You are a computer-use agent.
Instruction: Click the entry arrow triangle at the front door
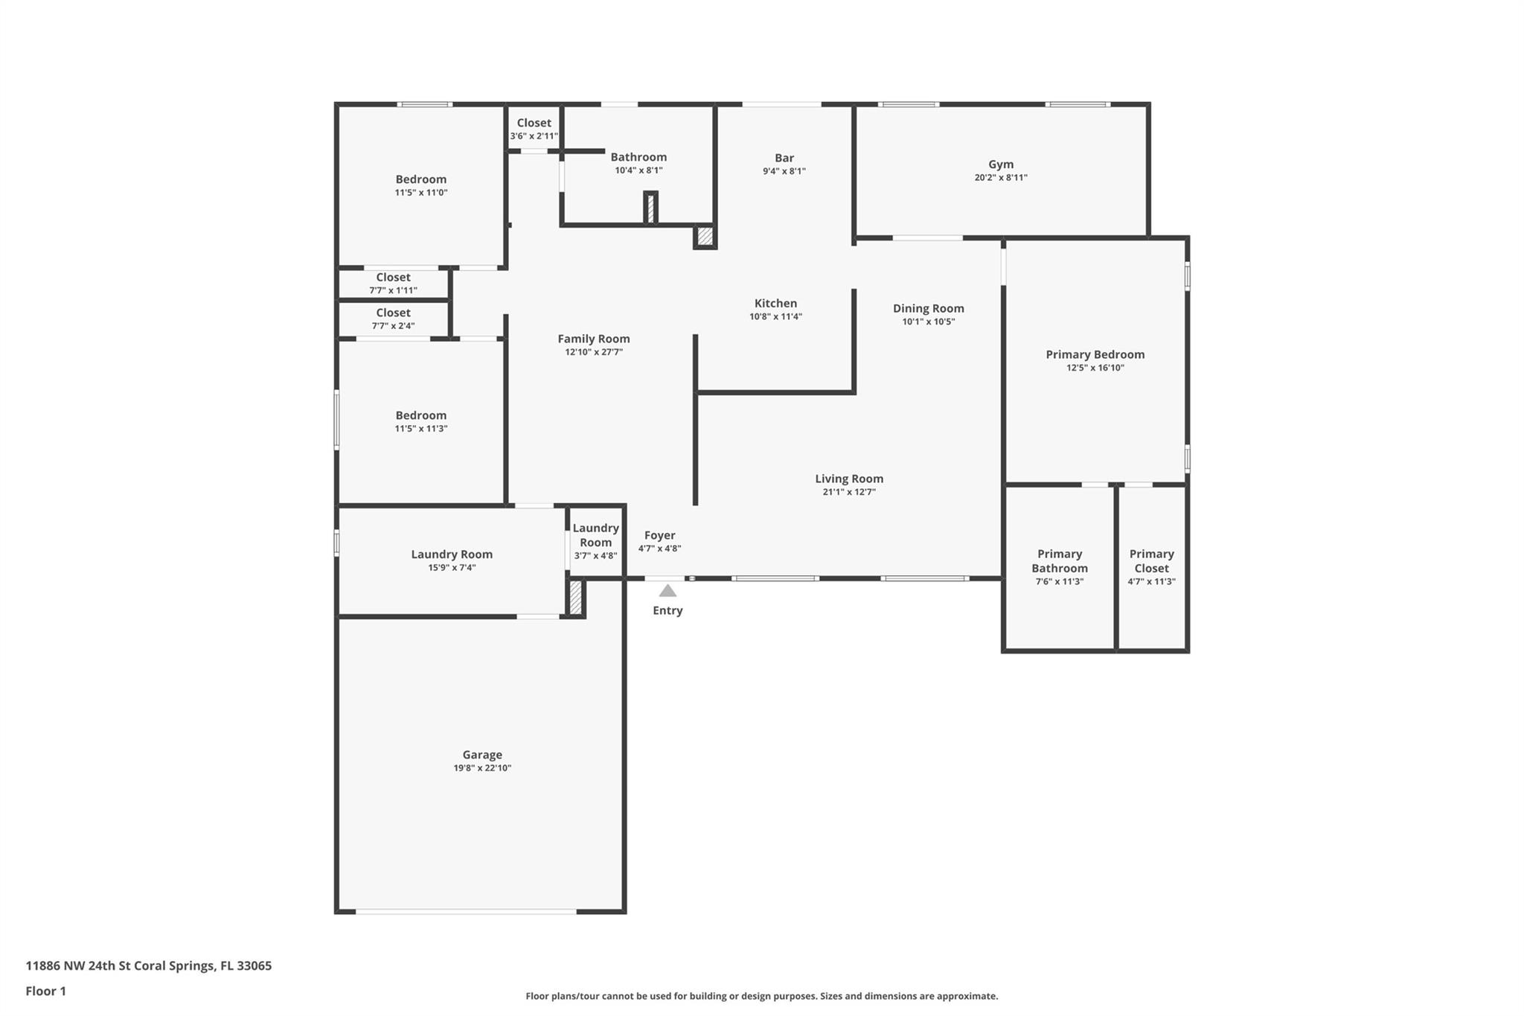(x=667, y=591)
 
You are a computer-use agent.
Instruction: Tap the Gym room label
(x=1001, y=164)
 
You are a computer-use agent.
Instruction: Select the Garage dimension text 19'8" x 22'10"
(x=482, y=768)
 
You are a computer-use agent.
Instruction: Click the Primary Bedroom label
(x=1095, y=355)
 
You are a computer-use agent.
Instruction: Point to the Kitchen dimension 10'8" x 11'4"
(x=775, y=317)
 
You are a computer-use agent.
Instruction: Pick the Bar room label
(x=784, y=158)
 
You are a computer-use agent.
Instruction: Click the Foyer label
(x=659, y=536)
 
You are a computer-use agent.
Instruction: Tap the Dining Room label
(x=928, y=309)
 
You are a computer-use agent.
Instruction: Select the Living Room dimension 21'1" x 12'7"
(x=849, y=492)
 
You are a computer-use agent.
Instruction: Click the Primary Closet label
(x=1151, y=561)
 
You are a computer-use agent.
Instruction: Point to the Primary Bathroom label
(x=1060, y=561)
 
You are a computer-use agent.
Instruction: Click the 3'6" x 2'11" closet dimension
(x=534, y=136)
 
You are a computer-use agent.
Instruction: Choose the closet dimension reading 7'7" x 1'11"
(x=393, y=291)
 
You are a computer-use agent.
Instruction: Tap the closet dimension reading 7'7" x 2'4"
(x=393, y=326)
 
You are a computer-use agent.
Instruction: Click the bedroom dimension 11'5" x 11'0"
(x=421, y=193)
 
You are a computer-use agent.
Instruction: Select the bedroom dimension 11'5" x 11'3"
(x=421, y=429)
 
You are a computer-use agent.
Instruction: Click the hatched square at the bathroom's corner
(x=705, y=237)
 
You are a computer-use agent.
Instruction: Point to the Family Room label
(x=594, y=339)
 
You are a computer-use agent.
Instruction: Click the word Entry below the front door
(x=667, y=611)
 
